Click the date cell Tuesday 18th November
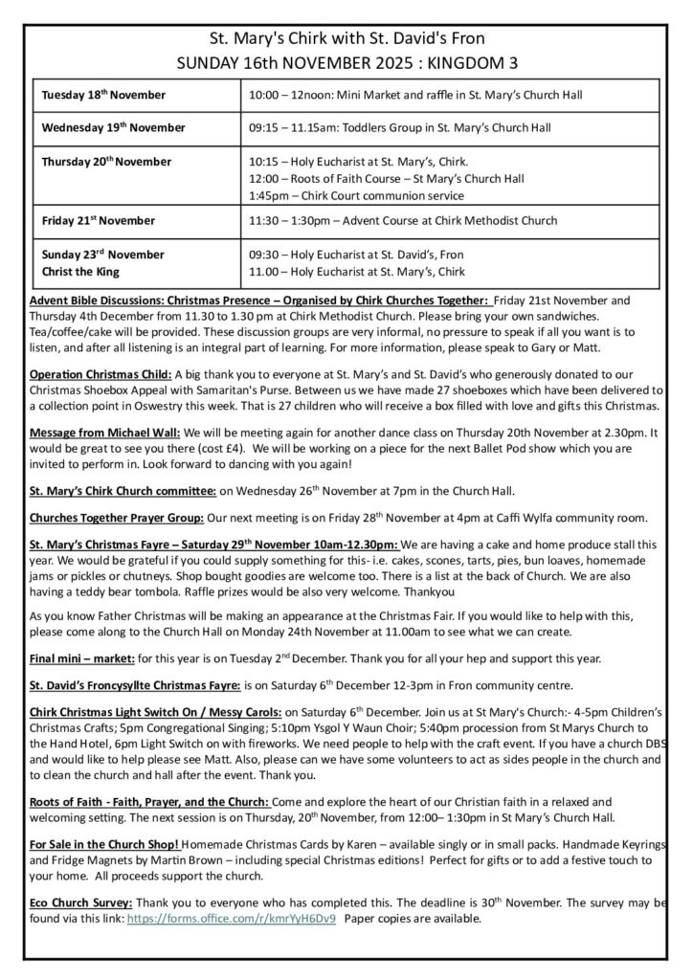tap(103, 95)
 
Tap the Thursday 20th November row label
tap(106, 161)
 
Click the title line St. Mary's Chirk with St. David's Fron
tap(346, 38)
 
